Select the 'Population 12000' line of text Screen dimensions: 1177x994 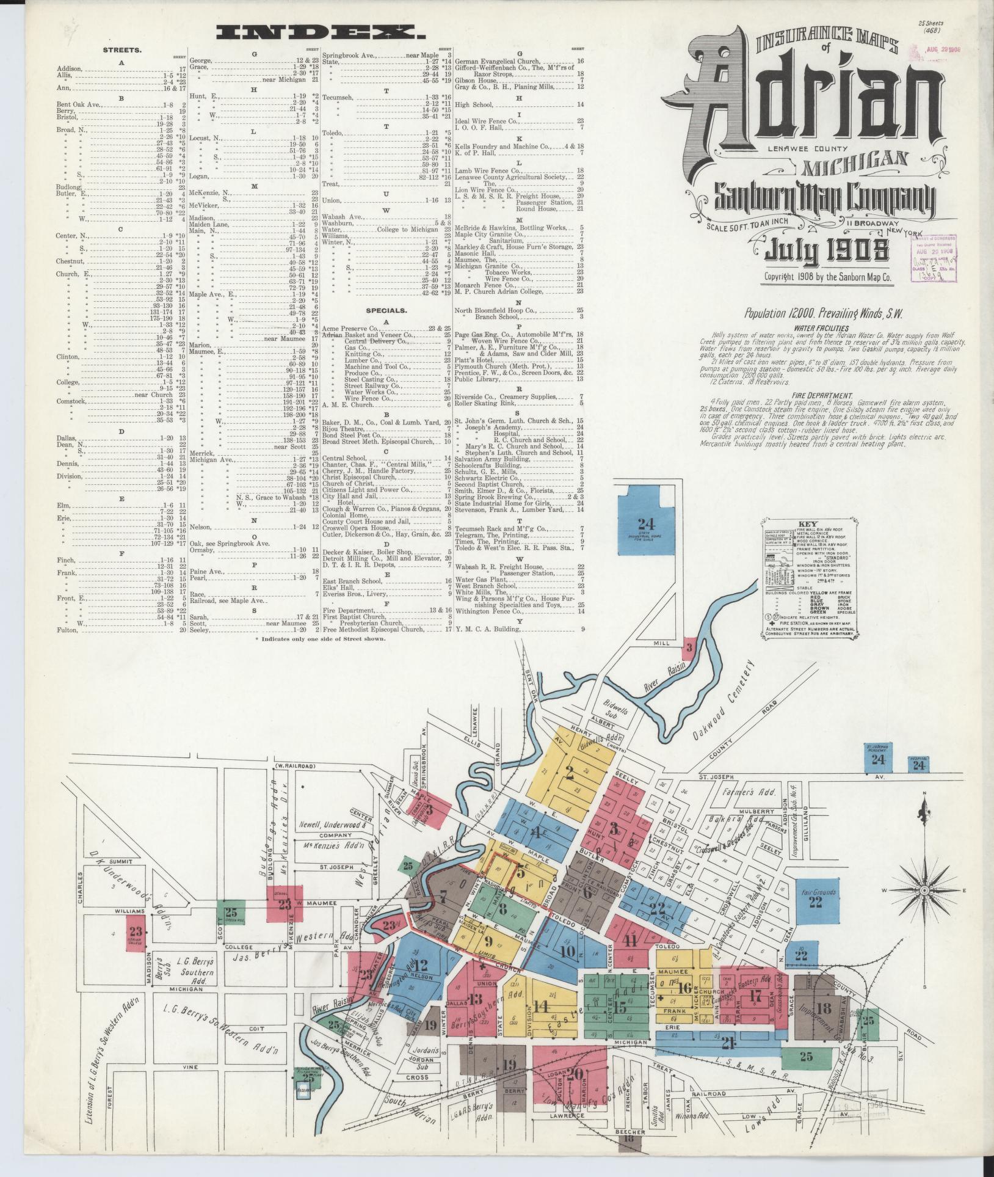pyautogui.click(x=823, y=314)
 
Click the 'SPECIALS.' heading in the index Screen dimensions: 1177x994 pyautogui.click(x=386, y=310)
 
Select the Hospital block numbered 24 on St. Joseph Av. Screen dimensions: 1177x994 pyautogui.click(x=919, y=764)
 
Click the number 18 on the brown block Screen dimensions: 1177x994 pyautogui.click(x=824, y=1008)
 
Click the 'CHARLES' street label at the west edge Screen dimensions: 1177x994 pyautogui.click(x=80, y=892)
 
